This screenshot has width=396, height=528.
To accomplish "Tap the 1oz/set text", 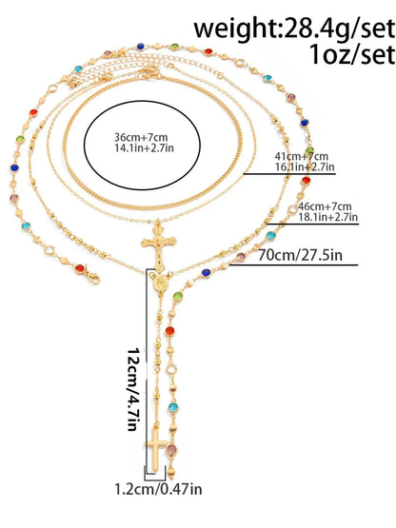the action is tap(352, 54).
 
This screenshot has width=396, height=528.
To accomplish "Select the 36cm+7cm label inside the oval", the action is tap(141, 137).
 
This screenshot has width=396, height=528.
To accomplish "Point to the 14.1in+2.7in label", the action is tap(145, 147).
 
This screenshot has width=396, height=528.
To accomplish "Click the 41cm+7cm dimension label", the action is tap(302, 156).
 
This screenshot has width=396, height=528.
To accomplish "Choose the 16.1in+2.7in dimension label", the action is tap(305, 166).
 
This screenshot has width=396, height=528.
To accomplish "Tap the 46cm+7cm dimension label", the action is tap(325, 206).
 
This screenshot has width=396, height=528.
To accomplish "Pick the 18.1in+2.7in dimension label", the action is tap(327, 217).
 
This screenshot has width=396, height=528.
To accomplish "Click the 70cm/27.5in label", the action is tap(300, 255).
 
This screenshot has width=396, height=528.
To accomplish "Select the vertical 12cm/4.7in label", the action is tap(133, 389).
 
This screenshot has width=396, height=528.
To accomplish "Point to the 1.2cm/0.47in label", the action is tap(158, 489).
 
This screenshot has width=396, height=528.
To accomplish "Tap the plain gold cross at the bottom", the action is tap(156, 450).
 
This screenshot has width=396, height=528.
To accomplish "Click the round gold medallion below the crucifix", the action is tap(160, 284).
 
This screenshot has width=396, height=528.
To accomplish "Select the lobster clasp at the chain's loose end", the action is tap(93, 277).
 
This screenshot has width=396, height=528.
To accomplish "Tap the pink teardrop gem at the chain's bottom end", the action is tap(172, 450).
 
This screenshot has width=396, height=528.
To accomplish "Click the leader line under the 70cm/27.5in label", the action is tap(293, 265).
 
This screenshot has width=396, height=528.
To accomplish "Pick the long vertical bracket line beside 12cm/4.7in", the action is tap(147, 370).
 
